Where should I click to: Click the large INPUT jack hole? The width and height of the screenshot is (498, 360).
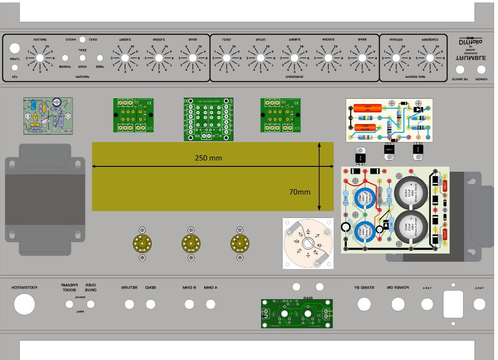coord(15,48)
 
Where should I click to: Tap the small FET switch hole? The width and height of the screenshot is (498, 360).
coord(15,68)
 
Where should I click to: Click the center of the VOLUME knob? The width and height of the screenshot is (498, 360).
coord(40,58)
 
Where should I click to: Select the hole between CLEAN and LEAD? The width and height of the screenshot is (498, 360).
coord(83,39)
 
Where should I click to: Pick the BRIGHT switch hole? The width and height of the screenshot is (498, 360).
coord(65,58)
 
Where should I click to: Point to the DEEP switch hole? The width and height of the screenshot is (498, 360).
coord(100,58)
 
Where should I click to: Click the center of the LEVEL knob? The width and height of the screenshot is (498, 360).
coord(226,58)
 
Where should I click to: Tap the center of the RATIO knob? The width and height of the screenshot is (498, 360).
coord(260,58)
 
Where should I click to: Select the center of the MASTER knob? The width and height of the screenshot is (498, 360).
coord(396,58)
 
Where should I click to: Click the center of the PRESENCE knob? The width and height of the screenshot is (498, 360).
coord(430,58)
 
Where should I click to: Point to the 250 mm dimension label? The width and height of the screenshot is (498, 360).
coord(209,158)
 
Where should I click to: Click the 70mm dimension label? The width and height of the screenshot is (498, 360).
coord(300,192)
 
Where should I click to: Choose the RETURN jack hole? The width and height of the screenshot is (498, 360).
coord(129,305)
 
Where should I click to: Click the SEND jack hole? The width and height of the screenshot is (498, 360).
coord(150,305)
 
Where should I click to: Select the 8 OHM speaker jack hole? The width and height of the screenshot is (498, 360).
coord(190,305)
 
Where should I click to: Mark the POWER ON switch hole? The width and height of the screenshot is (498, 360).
coord(398,305)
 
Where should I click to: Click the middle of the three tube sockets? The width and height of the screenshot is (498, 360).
coord(191,243)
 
